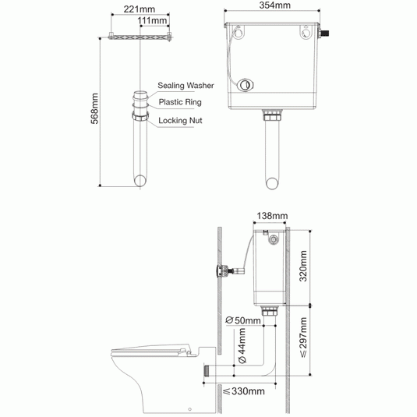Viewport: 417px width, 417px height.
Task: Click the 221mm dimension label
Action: click(139, 9)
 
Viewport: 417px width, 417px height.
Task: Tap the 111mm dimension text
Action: click(153, 20)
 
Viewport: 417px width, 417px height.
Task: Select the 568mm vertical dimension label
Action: click(94, 108)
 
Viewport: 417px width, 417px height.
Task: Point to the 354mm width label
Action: click(274, 5)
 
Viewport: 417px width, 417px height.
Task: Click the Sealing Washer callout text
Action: click(186, 86)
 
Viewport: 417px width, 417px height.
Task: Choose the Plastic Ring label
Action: click(180, 102)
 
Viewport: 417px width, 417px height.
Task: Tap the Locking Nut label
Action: click(180, 121)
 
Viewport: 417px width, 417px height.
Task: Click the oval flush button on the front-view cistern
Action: click(245, 85)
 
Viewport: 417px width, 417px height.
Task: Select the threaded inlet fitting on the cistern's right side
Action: click(324, 34)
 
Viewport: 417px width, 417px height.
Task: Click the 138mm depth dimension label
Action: click(272, 216)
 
